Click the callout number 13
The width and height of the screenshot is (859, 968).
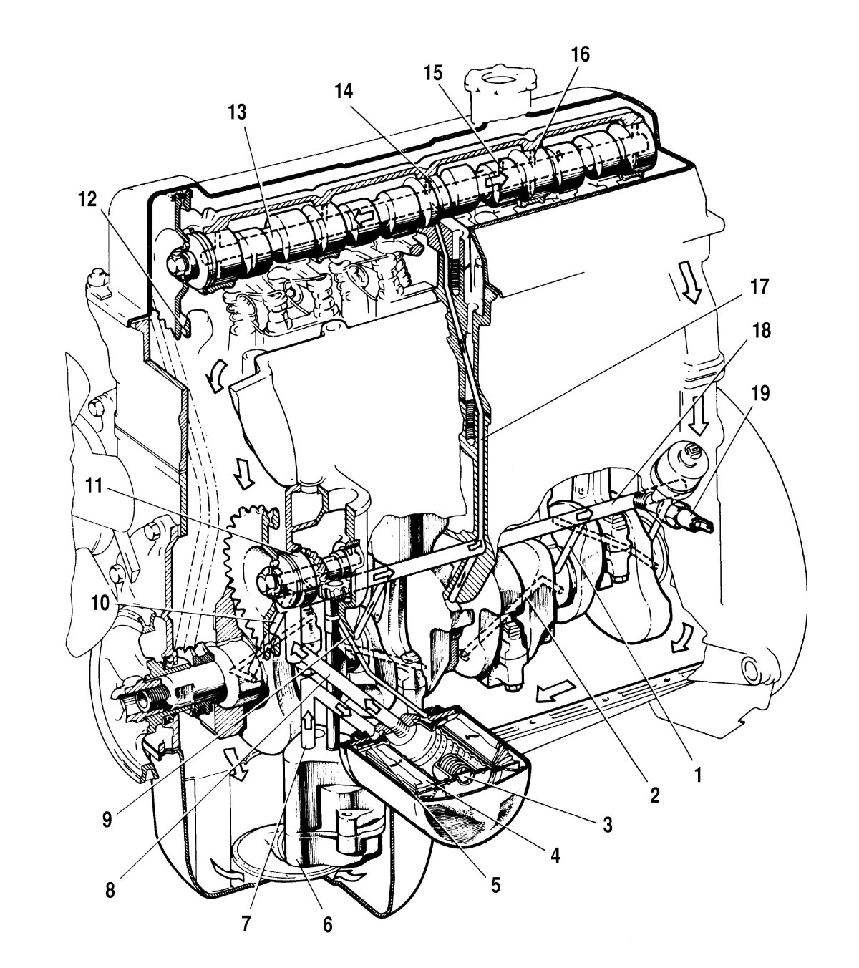pos(237,112)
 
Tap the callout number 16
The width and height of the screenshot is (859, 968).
pos(580,54)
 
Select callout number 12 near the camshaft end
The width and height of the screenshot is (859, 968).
pos(87,199)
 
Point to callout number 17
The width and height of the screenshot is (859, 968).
pos(759,286)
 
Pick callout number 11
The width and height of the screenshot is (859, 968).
pos(94,485)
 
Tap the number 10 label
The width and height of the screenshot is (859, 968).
pos(100,603)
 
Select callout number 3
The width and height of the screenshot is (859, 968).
pos(607,824)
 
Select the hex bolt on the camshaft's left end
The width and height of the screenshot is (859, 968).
pos(178,263)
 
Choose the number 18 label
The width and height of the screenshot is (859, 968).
pos(761,330)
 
